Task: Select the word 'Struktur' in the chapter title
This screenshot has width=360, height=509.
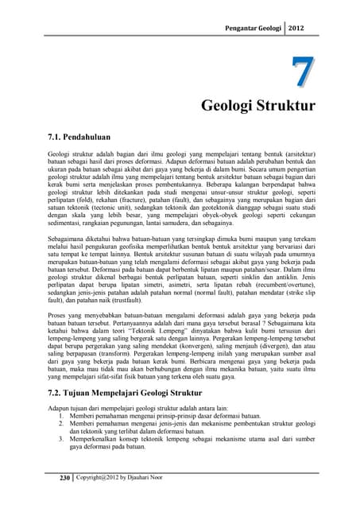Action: (x=284, y=106)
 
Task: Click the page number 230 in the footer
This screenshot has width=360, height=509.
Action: (x=55, y=477)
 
